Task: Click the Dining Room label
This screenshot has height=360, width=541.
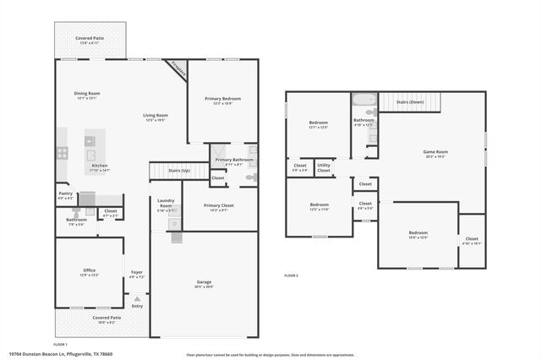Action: pyautogui.click(x=89, y=94)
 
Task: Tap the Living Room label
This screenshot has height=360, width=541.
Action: pyautogui.click(x=155, y=116)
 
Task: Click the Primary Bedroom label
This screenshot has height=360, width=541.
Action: pyautogui.click(x=223, y=99)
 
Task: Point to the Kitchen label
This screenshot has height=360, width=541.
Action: pyautogui.click(x=100, y=166)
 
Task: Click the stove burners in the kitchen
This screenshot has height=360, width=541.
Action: pyautogui.click(x=62, y=153)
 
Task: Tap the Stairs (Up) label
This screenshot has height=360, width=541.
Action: pyautogui.click(x=178, y=170)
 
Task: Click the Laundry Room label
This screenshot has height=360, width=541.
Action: pyautogui.click(x=166, y=202)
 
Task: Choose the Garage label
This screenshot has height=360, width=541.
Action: pyautogui.click(x=205, y=282)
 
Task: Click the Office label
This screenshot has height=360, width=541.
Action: pyautogui.click(x=89, y=270)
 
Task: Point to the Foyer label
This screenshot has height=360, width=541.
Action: pyautogui.click(x=136, y=272)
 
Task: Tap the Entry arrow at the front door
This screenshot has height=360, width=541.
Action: pyautogui.click(x=137, y=298)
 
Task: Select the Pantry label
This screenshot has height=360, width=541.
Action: pyautogui.click(x=65, y=194)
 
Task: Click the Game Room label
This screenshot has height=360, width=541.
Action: pyautogui.click(x=435, y=152)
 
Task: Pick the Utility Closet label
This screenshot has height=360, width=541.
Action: pyautogui.click(x=324, y=167)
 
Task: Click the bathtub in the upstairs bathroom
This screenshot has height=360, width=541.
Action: pyautogui.click(x=364, y=99)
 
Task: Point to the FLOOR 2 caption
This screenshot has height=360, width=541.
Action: pyautogui.click(x=291, y=276)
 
